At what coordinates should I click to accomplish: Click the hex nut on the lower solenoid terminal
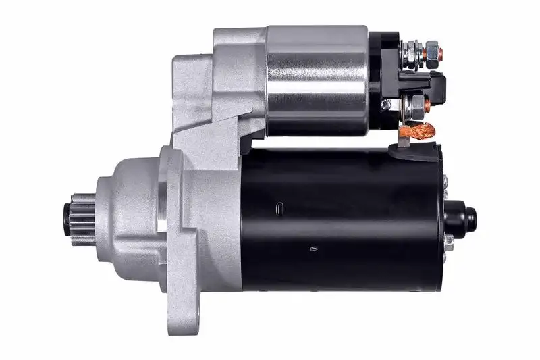tap(416, 104)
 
